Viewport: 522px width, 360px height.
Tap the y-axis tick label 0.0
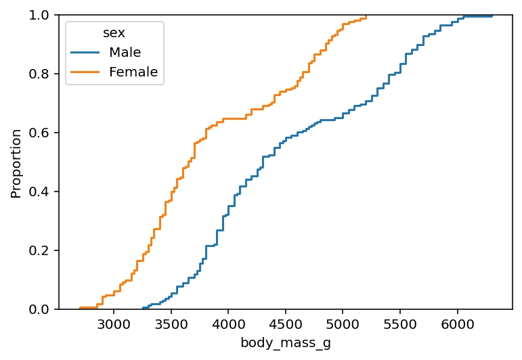point(39,309)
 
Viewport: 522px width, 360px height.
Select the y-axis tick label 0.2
point(39,250)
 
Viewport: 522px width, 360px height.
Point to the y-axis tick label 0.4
point(39,192)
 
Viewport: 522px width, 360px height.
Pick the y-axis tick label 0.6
point(39,133)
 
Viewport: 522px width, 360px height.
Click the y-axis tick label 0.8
point(39,74)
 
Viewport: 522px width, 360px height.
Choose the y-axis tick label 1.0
point(39,15)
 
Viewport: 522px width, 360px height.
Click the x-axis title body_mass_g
point(285,343)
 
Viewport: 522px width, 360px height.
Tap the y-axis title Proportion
point(16,162)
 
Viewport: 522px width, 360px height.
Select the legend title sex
point(114,33)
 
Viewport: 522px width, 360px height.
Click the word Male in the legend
point(125,52)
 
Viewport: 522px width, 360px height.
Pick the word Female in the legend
point(133,72)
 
